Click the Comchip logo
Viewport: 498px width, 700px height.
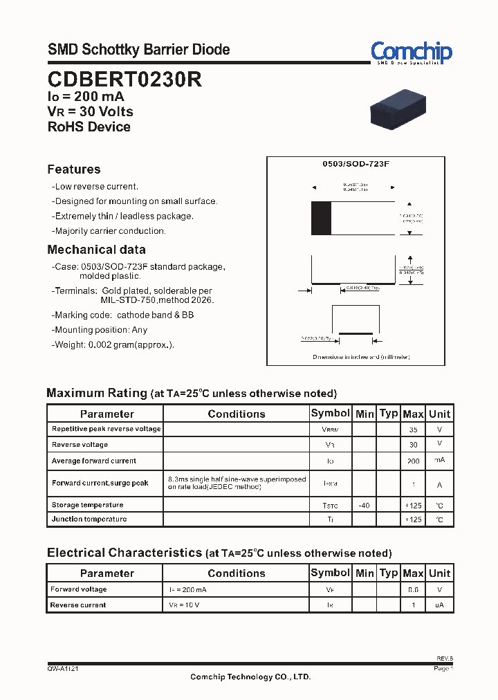click(x=411, y=52)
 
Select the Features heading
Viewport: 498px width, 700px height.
click(x=74, y=169)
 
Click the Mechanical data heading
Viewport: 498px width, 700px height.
click(x=96, y=250)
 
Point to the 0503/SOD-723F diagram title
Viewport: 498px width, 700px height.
click(x=356, y=165)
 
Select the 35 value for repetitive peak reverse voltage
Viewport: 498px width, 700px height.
click(x=413, y=430)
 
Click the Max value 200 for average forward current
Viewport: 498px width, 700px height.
click(x=413, y=461)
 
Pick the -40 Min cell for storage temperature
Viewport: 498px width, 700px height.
click(x=364, y=506)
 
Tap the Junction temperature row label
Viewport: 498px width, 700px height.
click(x=89, y=519)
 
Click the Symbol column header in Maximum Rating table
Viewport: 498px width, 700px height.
click(x=330, y=413)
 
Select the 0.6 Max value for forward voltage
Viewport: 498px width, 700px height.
click(x=413, y=589)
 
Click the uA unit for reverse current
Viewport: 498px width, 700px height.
click(x=439, y=605)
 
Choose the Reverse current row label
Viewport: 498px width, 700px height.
click(x=78, y=605)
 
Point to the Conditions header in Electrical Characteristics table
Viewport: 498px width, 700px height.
click(x=236, y=573)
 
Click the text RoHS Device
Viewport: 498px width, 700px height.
click(x=89, y=127)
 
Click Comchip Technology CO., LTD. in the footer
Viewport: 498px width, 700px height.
click(x=250, y=677)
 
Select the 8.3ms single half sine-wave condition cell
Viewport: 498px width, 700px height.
click(x=237, y=483)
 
